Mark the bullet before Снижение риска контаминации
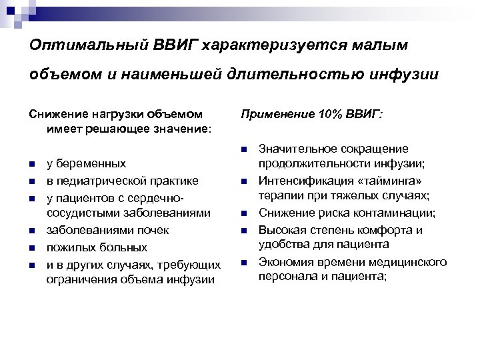click(x=245, y=213)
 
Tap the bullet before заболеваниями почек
click(x=32, y=230)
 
